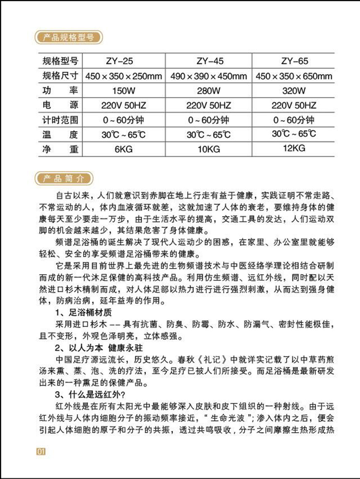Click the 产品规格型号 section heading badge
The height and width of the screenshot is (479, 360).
pos(68,38)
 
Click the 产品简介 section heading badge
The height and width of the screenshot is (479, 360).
pos(64,178)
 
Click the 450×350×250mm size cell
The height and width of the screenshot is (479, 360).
pos(124,77)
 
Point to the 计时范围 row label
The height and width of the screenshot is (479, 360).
pos(60,120)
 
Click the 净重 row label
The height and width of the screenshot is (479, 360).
pos(60,149)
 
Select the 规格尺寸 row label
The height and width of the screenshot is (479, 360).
pos(60,76)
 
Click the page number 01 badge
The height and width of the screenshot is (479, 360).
pos(40,451)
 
